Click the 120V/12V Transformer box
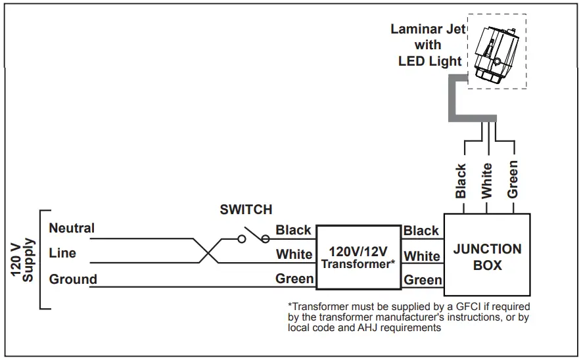click(x=359, y=257)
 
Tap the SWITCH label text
click(x=246, y=210)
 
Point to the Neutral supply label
click(x=72, y=229)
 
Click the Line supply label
click(x=62, y=253)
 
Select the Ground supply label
click(x=73, y=279)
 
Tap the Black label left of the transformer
click(x=293, y=230)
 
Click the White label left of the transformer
click(x=294, y=254)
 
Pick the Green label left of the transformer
click(x=294, y=279)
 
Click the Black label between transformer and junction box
click(x=421, y=231)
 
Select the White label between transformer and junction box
click(x=422, y=256)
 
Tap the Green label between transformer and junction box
click(x=423, y=280)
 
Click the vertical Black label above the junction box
click(x=461, y=181)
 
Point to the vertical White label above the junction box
click(x=486, y=181)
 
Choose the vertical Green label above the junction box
click(x=513, y=179)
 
